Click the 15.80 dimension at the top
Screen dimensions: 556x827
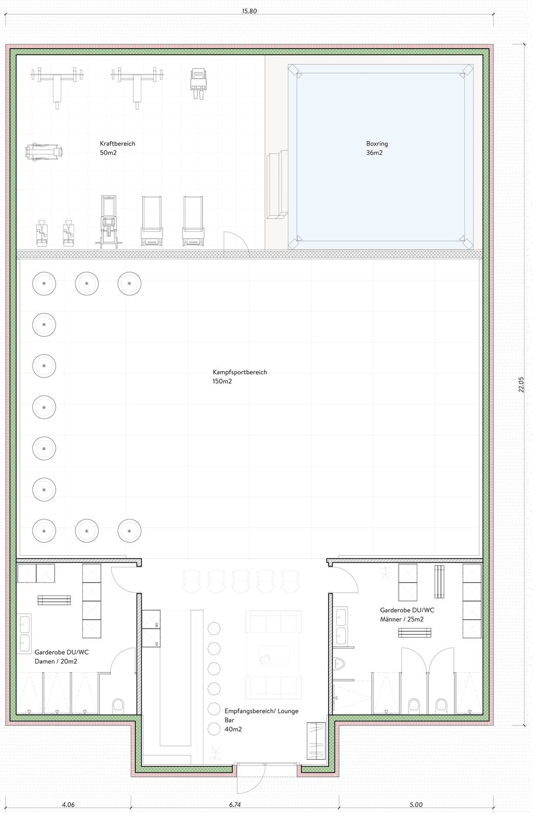coord(249,11)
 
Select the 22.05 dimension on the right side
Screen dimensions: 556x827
coord(521,385)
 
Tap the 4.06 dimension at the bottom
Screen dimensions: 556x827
coord(68,805)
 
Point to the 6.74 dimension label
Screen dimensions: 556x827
coord(235,805)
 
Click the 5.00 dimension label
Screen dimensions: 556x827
coord(416,805)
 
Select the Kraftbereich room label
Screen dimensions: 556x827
coord(118,144)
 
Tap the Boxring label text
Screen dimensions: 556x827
coord(377,144)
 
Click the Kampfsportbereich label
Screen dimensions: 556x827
coord(240,372)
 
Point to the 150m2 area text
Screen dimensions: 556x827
coord(222,381)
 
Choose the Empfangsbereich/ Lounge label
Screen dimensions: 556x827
coord(261,711)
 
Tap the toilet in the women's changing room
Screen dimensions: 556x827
coord(118,705)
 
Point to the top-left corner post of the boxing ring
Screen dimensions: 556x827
coord(294,70)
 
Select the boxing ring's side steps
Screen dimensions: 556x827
coord(277,185)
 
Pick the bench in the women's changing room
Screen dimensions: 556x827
coord(55,600)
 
